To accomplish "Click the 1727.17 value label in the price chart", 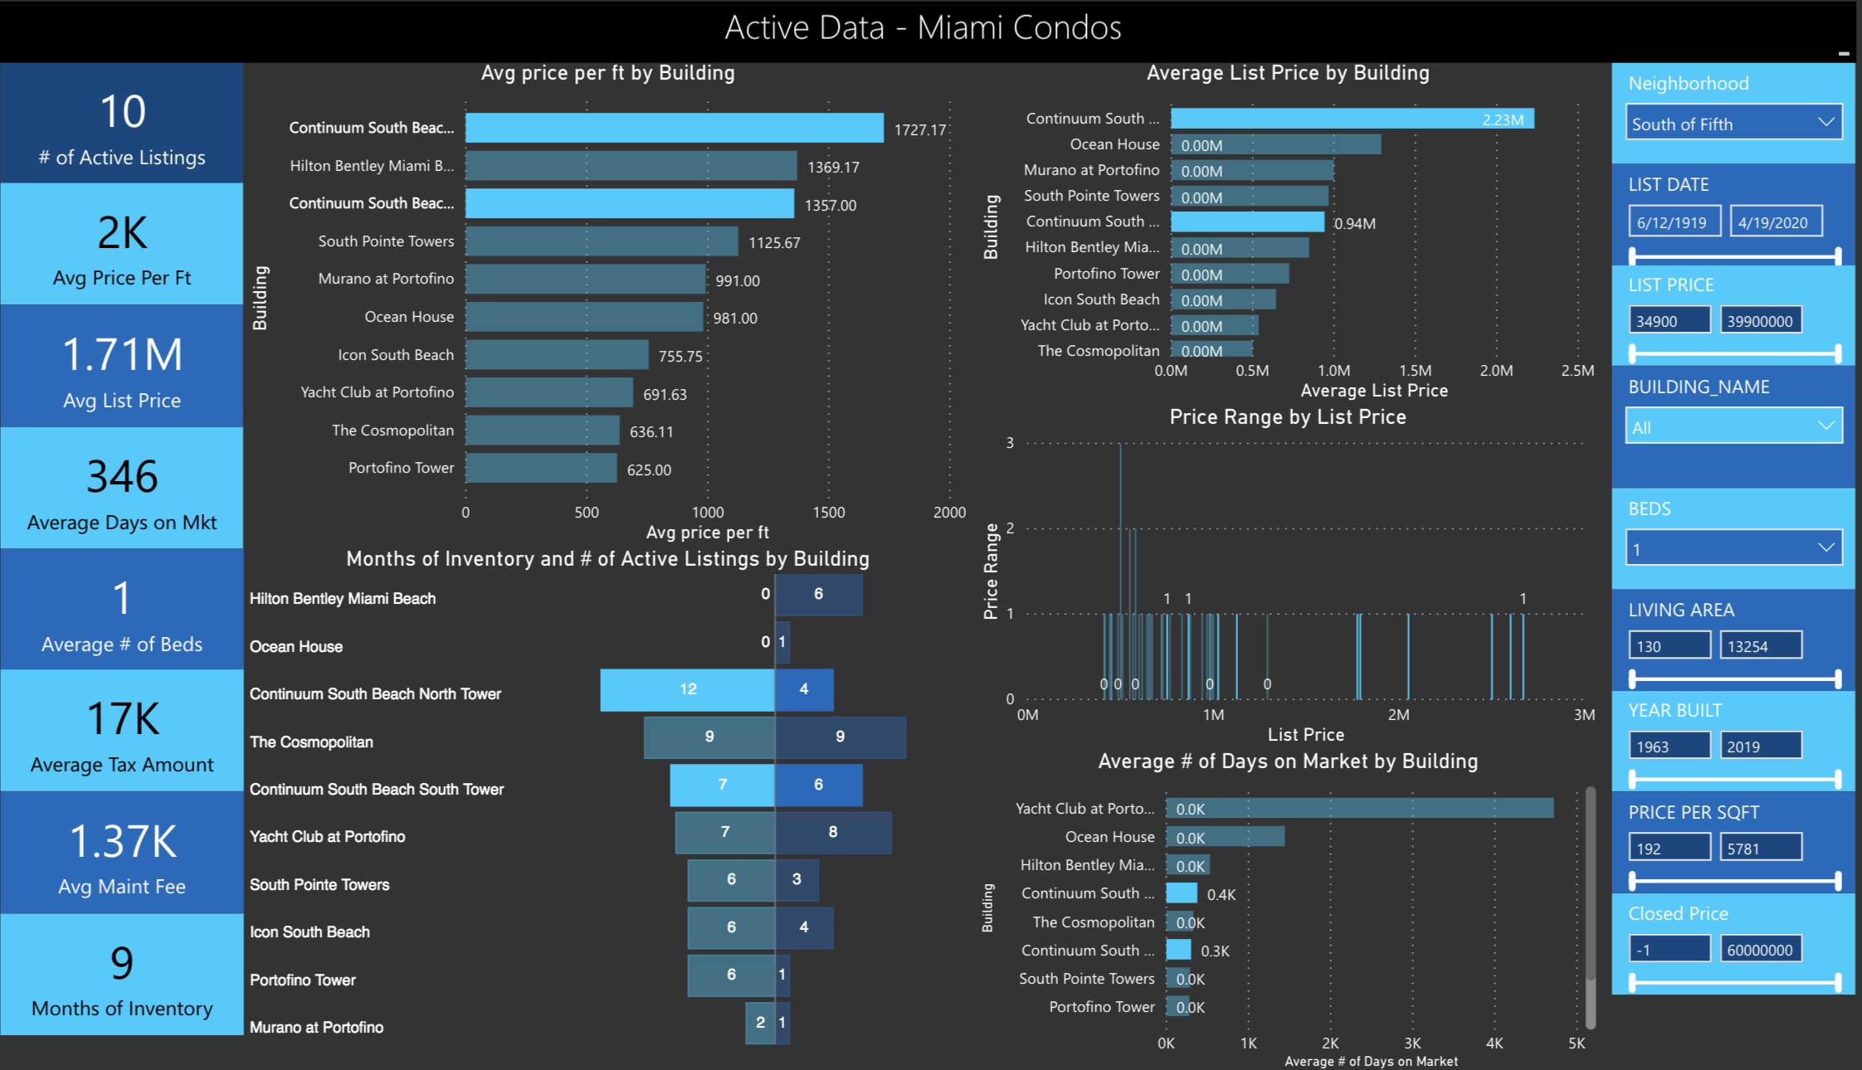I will [919, 130].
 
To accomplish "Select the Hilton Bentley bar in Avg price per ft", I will [631, 166].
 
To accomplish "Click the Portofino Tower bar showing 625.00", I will [541, 469].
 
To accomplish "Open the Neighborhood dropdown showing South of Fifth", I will [1733, 124].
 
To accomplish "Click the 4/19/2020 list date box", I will [1775, 222].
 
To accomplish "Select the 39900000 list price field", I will [1760, 321].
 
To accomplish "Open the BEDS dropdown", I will [1733, 548].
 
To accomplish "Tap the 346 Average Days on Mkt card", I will [122, 489].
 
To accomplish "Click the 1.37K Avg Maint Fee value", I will [122, 841].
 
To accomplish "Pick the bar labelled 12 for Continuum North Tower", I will [687, 689].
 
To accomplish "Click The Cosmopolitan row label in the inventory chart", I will [312, 742].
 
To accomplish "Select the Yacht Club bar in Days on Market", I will [1359, 809].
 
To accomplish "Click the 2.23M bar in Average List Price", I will [1352, 119].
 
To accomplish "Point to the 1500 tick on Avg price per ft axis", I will [828, 513].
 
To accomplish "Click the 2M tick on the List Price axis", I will [1398, 715].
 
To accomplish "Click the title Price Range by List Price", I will [1287, 417].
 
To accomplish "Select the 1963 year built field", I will [1669, 747].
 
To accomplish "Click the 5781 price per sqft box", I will [1760, 849].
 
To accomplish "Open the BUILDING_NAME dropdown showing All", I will [1733, 427].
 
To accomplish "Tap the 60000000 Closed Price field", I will [1760, 950].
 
